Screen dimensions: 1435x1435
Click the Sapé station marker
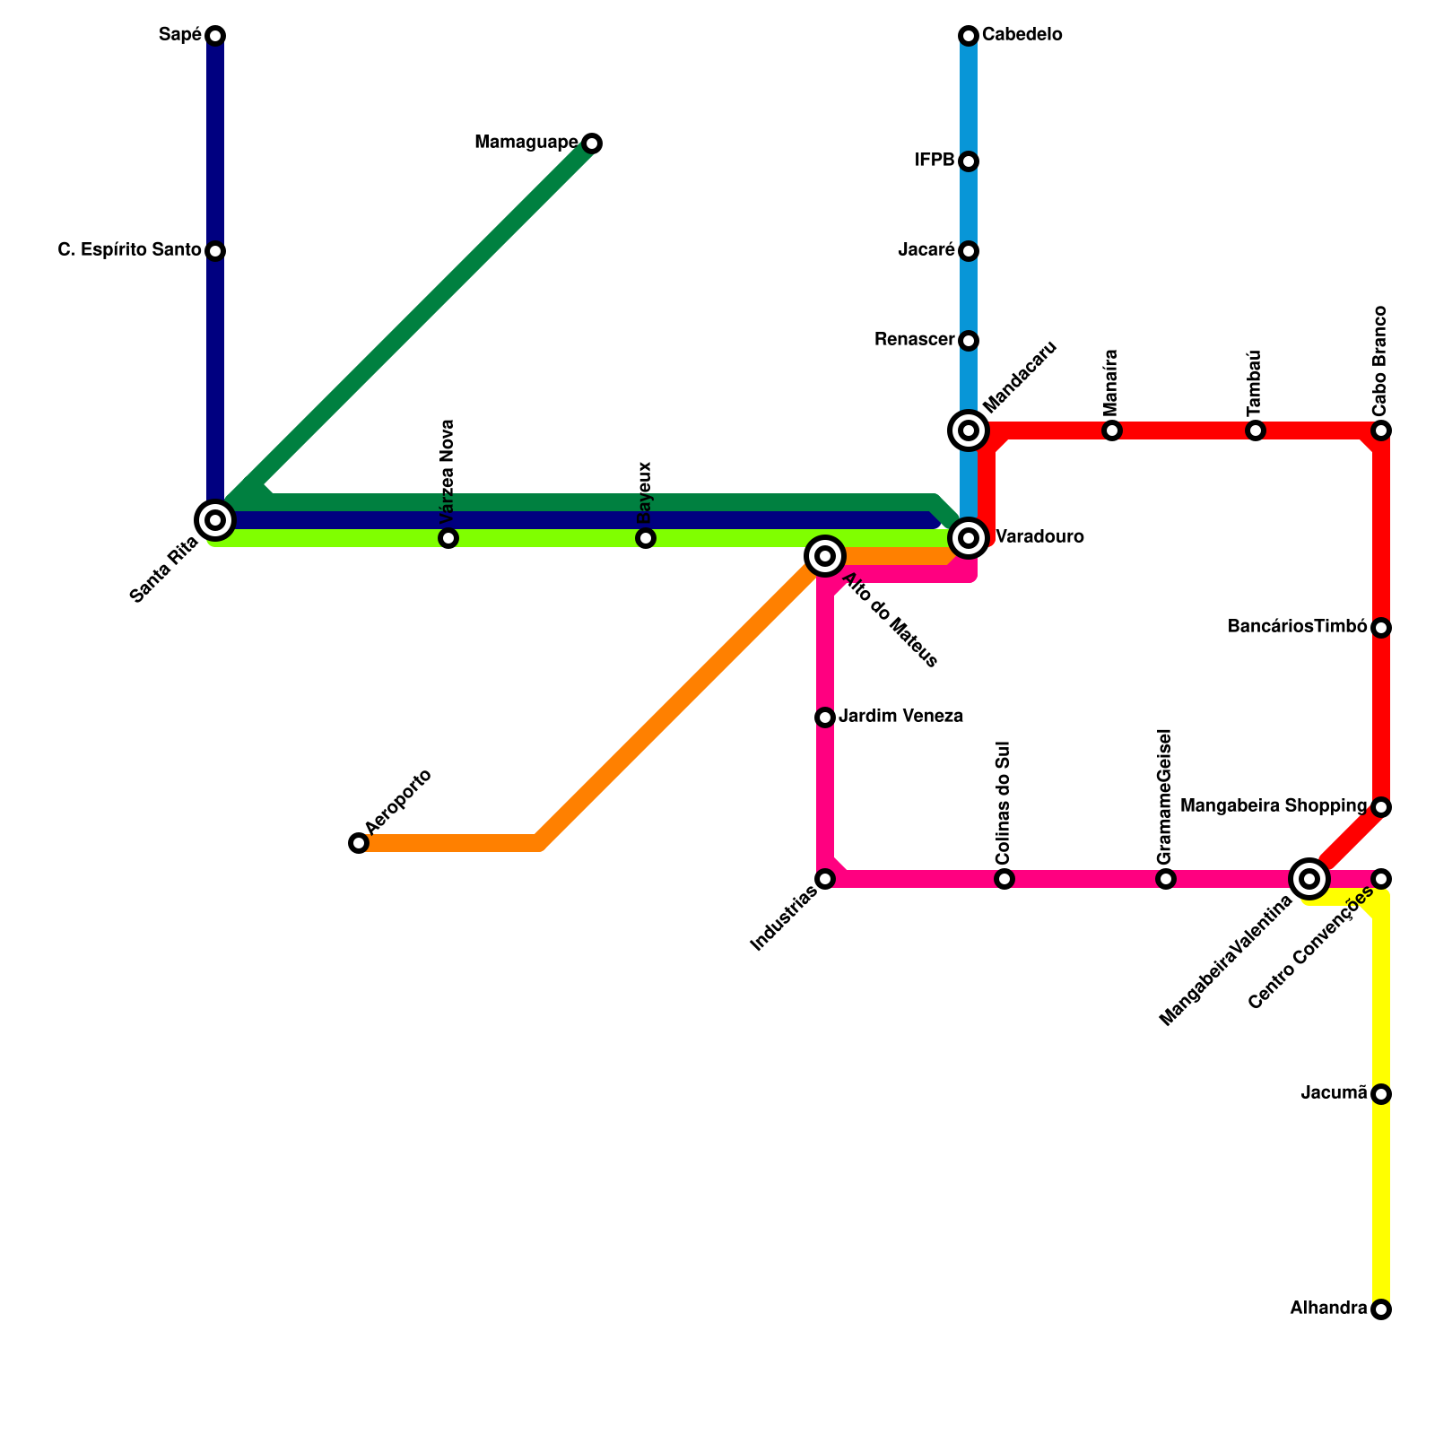215,36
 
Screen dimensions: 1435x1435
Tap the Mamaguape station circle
591,143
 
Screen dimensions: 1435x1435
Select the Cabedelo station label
1022,35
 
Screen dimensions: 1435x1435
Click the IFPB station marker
969,161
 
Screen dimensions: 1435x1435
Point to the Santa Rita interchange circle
215,519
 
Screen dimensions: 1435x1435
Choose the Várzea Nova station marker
448,538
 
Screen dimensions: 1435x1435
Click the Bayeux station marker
646,538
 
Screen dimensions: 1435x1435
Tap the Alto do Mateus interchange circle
825,556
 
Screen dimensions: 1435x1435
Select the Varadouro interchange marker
969,538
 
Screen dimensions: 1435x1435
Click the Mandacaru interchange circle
969,430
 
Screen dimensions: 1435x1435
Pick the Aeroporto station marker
359,843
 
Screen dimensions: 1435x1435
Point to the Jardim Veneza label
901,717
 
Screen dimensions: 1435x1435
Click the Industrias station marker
825,879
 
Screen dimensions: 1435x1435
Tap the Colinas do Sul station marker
1004,879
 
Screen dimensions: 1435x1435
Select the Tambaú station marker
1256,430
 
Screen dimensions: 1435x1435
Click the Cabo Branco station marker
1381,430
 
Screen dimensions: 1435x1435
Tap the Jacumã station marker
1381,1094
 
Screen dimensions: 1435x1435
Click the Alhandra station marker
1381,1309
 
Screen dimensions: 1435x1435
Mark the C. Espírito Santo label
129,250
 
